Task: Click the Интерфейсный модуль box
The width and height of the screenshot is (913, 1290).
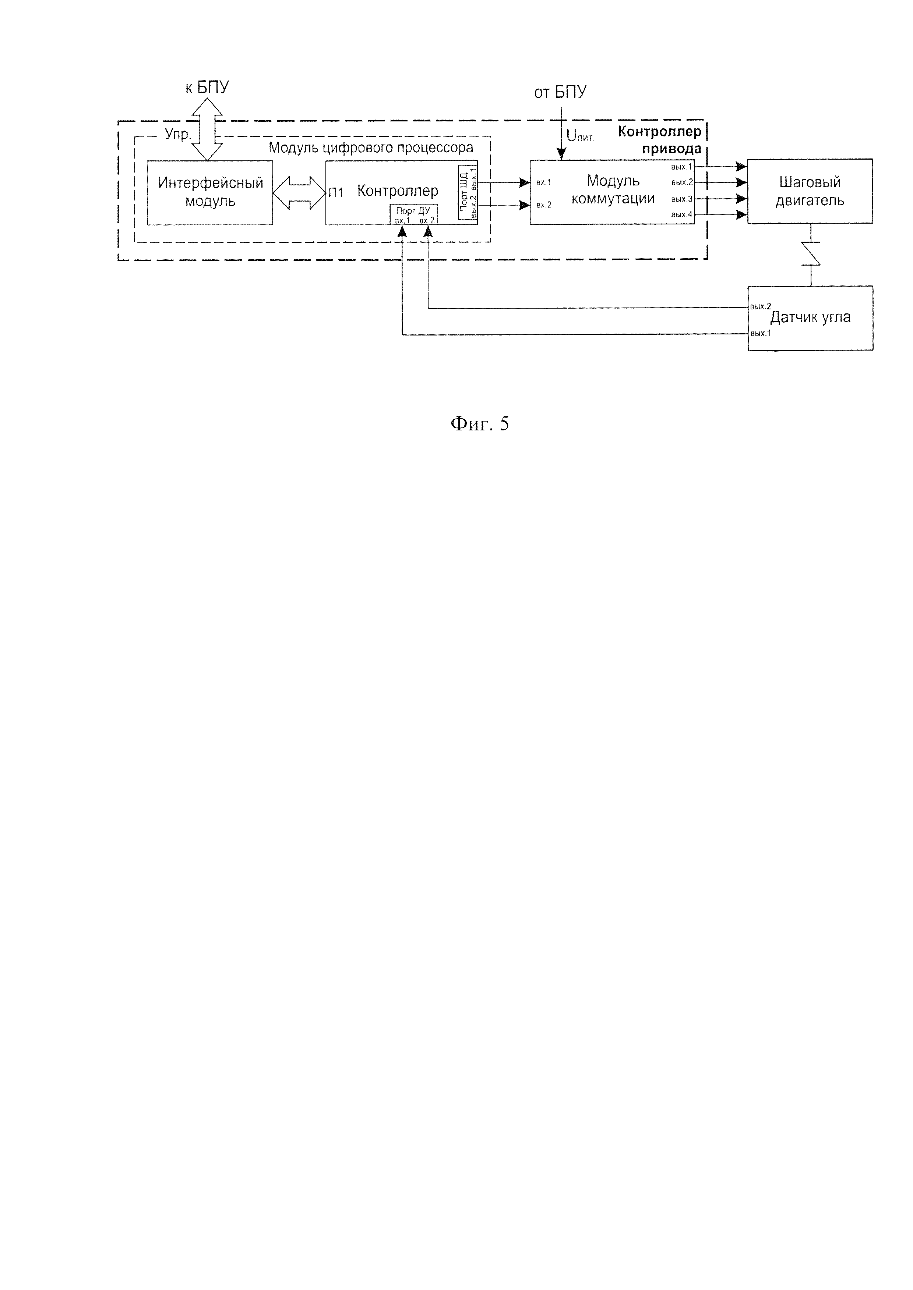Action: pos(210,193)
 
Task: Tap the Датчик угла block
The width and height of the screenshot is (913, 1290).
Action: pos(810,318)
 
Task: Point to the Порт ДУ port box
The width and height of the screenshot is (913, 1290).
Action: pos(414,214)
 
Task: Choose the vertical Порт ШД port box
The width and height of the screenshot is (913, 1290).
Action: pos(468,193)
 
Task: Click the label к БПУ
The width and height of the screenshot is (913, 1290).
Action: pos(207,88)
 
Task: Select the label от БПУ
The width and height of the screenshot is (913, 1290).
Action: pos(560,92)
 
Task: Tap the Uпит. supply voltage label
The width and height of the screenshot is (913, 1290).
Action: pos(579,136)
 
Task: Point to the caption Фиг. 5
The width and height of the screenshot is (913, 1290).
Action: pos(480,424)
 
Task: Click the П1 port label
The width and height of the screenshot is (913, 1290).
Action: pos(336,193)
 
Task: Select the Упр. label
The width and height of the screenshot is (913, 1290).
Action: pos(178,135)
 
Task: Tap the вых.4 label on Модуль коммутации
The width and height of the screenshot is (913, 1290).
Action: pos(681,214)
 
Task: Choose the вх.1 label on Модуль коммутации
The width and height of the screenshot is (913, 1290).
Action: pos(544,182)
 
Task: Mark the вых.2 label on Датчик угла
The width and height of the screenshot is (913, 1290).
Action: pos(760,307)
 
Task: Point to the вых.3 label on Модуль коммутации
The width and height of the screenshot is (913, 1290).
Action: pos(681,199)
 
